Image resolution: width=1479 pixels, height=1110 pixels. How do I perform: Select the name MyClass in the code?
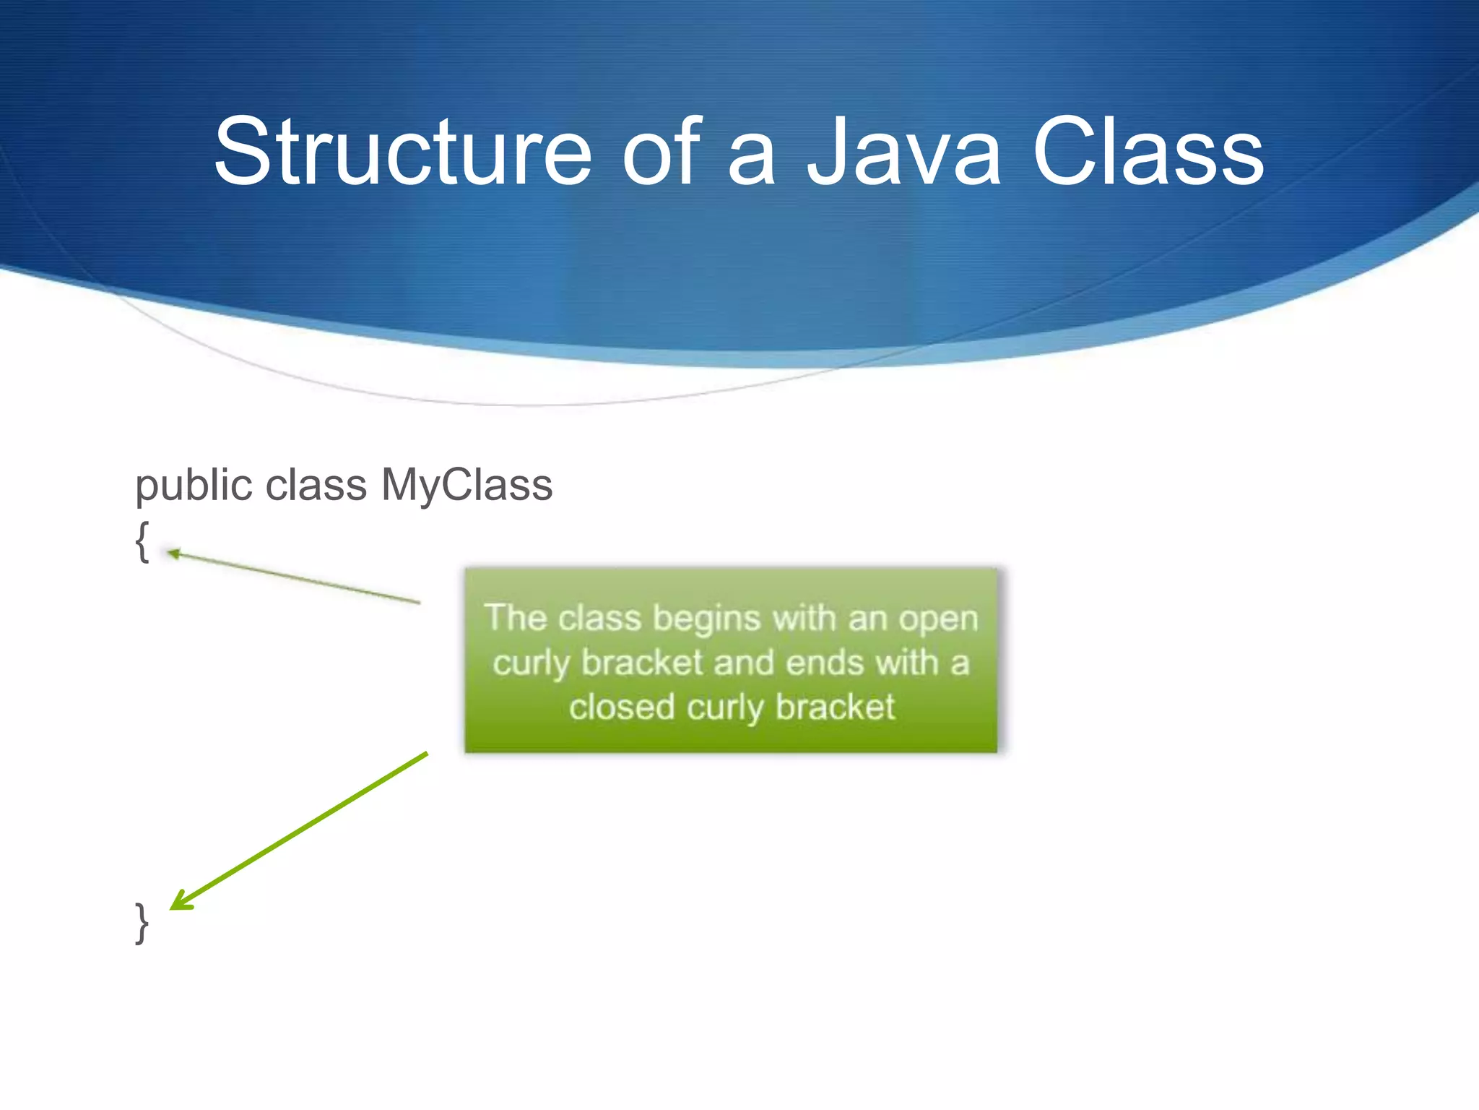tap(467, 486)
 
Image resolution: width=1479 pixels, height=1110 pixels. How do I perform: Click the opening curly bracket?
tap(142, 541)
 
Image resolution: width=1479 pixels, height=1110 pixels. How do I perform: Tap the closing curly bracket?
tap(142, 923)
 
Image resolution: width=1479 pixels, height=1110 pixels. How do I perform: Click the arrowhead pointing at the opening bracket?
tap(173, 554)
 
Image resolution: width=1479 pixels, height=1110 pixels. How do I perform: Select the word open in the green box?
tap(938, 620)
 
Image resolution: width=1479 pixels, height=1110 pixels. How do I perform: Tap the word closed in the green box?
tap(621, 707)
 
